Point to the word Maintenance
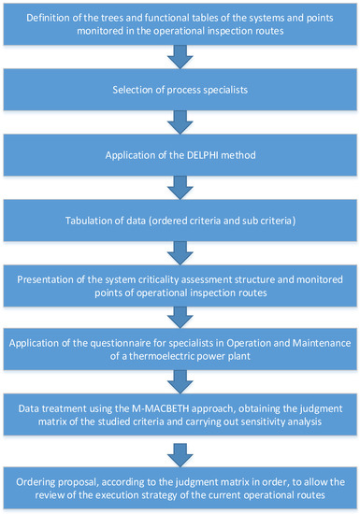pos(322,343)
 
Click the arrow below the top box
pos(180,57)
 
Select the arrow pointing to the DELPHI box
pos(180,122)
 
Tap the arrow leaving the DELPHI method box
pos(180,188)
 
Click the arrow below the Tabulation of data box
pos(180,253)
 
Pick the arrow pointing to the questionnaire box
pos(180,318)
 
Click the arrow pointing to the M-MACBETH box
pos(180,382)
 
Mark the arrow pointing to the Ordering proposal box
pos(180,455)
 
